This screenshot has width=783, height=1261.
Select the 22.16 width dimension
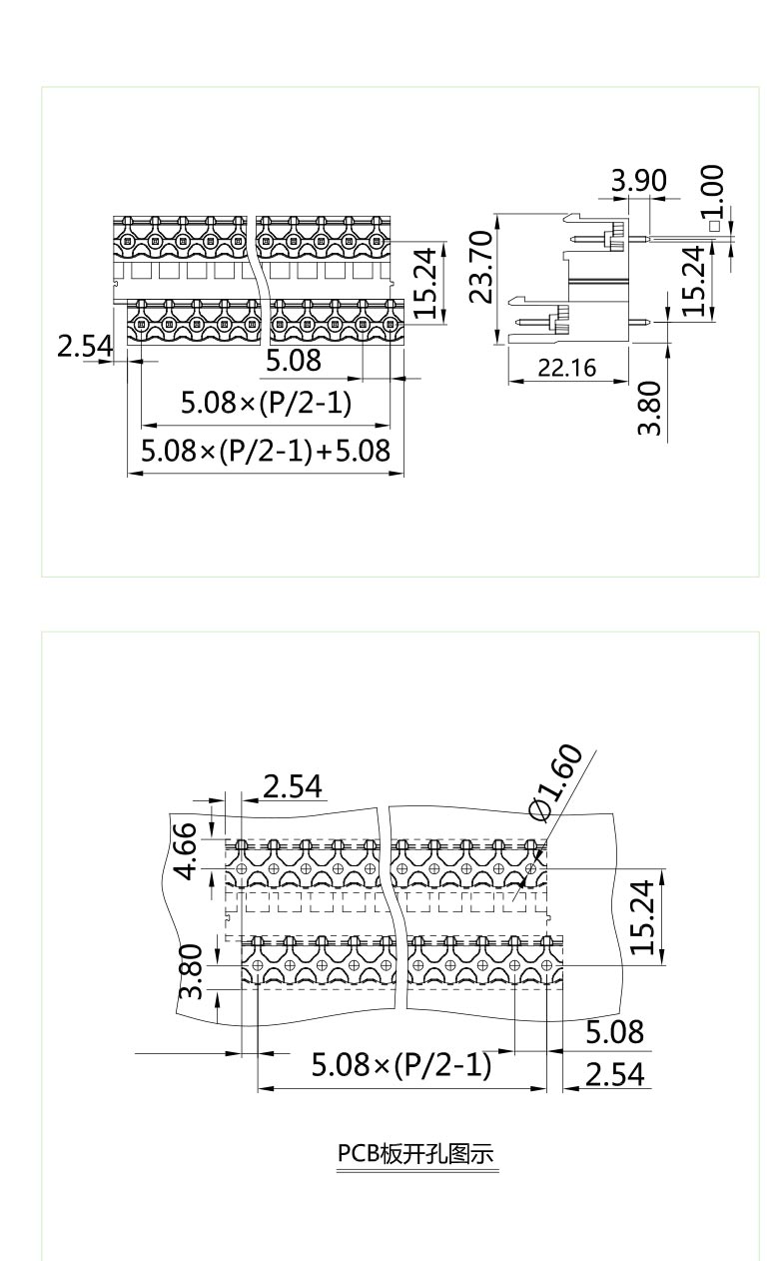click(x=566, y=368)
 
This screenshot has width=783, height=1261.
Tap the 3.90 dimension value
click(x=639, y=181)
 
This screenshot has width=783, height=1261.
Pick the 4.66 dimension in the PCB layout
click(x=187, y=858)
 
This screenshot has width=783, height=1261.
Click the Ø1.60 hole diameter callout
click(x=555, y=783)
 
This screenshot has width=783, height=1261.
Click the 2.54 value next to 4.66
click(x=291, y=787)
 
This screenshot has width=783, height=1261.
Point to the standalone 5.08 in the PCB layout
click(x=613, y=1031)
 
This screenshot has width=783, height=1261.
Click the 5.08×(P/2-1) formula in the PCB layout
click(x=401, y=1065)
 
